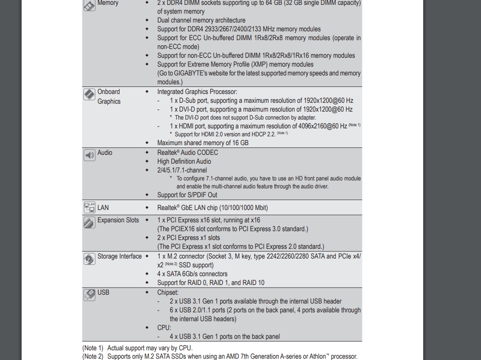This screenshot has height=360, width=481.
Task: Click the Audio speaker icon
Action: click(x=90, y=155)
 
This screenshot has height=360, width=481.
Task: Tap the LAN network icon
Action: click(x=90, y=207)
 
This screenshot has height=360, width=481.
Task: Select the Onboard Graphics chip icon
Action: click(x=90, y=94)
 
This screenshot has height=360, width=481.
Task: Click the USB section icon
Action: click(x=90, y=295)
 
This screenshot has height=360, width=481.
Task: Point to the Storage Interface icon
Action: click(x=90, y=259)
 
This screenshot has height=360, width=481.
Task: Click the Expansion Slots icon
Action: click(x=90, y=222)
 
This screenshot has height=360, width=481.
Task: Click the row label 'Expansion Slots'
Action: click(x=118, y=220)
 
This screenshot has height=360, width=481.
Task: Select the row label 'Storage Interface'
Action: click(x=120, y=256)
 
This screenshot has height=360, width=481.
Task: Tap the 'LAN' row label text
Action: click(x=103, y=208)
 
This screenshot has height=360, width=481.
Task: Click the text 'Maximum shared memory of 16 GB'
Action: click(x=203, y=143)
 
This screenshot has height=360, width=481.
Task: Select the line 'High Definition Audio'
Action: click(x=184, y=161)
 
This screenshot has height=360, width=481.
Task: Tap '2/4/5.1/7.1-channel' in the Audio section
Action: click(x=182, y=170)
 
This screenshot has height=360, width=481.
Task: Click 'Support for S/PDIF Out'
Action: click(x=187, y=195)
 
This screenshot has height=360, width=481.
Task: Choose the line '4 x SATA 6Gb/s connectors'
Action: click(x=192, y=274)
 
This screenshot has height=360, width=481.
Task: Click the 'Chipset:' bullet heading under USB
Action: click(x=168, y=292)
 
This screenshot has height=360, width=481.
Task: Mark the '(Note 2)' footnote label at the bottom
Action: click(x=93, y=356)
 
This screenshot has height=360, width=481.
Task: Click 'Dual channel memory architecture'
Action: click(x=201, y=20)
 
